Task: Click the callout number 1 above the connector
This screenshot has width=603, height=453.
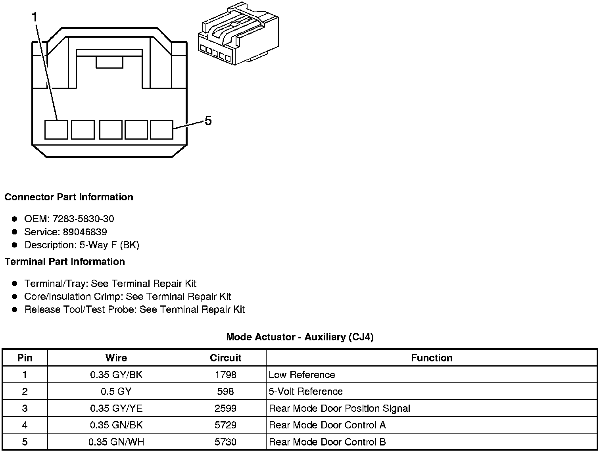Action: pos(35,17)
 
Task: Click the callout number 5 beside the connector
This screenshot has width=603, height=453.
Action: pos(208,120)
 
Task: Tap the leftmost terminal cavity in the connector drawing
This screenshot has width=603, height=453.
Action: pos(56,130)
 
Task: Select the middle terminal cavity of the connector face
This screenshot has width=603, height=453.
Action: pos(111,130)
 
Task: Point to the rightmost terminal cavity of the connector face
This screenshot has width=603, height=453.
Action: pos(162,130)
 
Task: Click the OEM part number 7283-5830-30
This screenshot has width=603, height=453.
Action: pos(83,219)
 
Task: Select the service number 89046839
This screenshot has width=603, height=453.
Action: pos(85,232)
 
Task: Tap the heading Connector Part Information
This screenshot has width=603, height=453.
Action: pos(69,197)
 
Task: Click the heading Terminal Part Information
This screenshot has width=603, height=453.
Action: pos(65,261)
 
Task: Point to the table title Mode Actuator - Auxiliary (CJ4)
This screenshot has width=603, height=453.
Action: pos(300,337)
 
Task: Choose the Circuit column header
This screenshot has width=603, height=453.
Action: pos(225,358)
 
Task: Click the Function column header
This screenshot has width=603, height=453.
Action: pos(431,358)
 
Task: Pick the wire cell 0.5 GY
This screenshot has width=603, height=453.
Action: pos(116,392)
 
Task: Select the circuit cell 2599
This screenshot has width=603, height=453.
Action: pos(225,408)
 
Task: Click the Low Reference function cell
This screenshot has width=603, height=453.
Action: pos(301,375)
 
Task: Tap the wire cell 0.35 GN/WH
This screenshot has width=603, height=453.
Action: pos(116,442)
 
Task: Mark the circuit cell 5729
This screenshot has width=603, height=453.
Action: pos(225,425)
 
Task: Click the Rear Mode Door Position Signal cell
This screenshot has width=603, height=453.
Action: pos(339,408)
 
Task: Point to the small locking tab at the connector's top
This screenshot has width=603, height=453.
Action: pos(109,62)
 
